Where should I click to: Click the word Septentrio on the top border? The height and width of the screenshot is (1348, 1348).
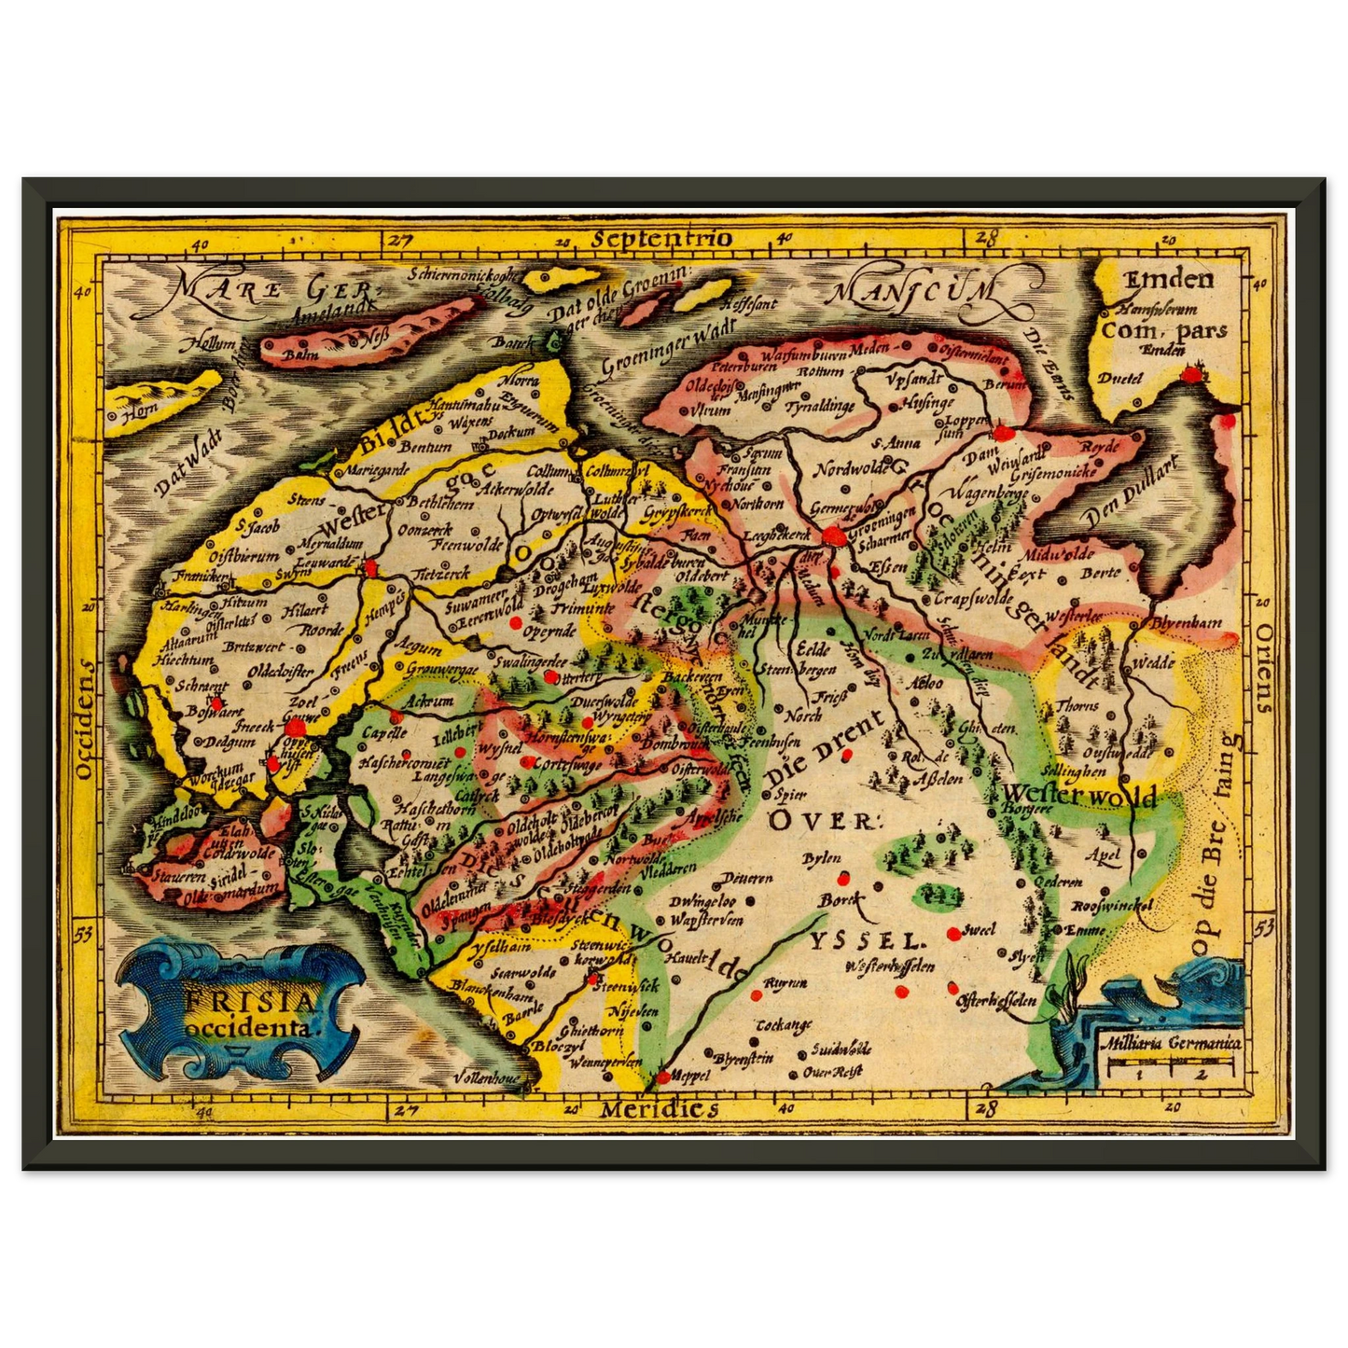pos(661,238)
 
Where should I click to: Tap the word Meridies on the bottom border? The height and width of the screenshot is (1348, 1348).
pos(659,1109)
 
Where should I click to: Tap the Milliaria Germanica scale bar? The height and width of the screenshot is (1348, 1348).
pos(1171,1059)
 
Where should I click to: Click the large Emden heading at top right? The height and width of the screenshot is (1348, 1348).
pos(1168,279)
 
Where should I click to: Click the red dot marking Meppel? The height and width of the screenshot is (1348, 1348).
pos(662,1077)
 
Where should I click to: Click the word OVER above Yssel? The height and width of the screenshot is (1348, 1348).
pos(824,820)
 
